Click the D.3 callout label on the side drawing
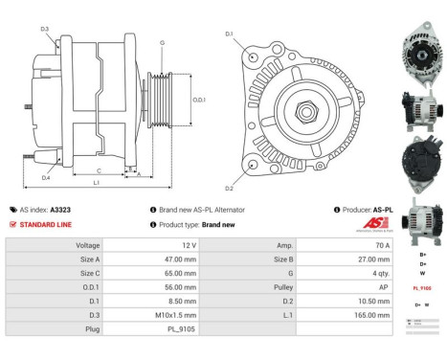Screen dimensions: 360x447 44,29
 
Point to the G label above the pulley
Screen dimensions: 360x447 162,44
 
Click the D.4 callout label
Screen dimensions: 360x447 45,177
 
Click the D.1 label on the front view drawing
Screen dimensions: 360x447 228,34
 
